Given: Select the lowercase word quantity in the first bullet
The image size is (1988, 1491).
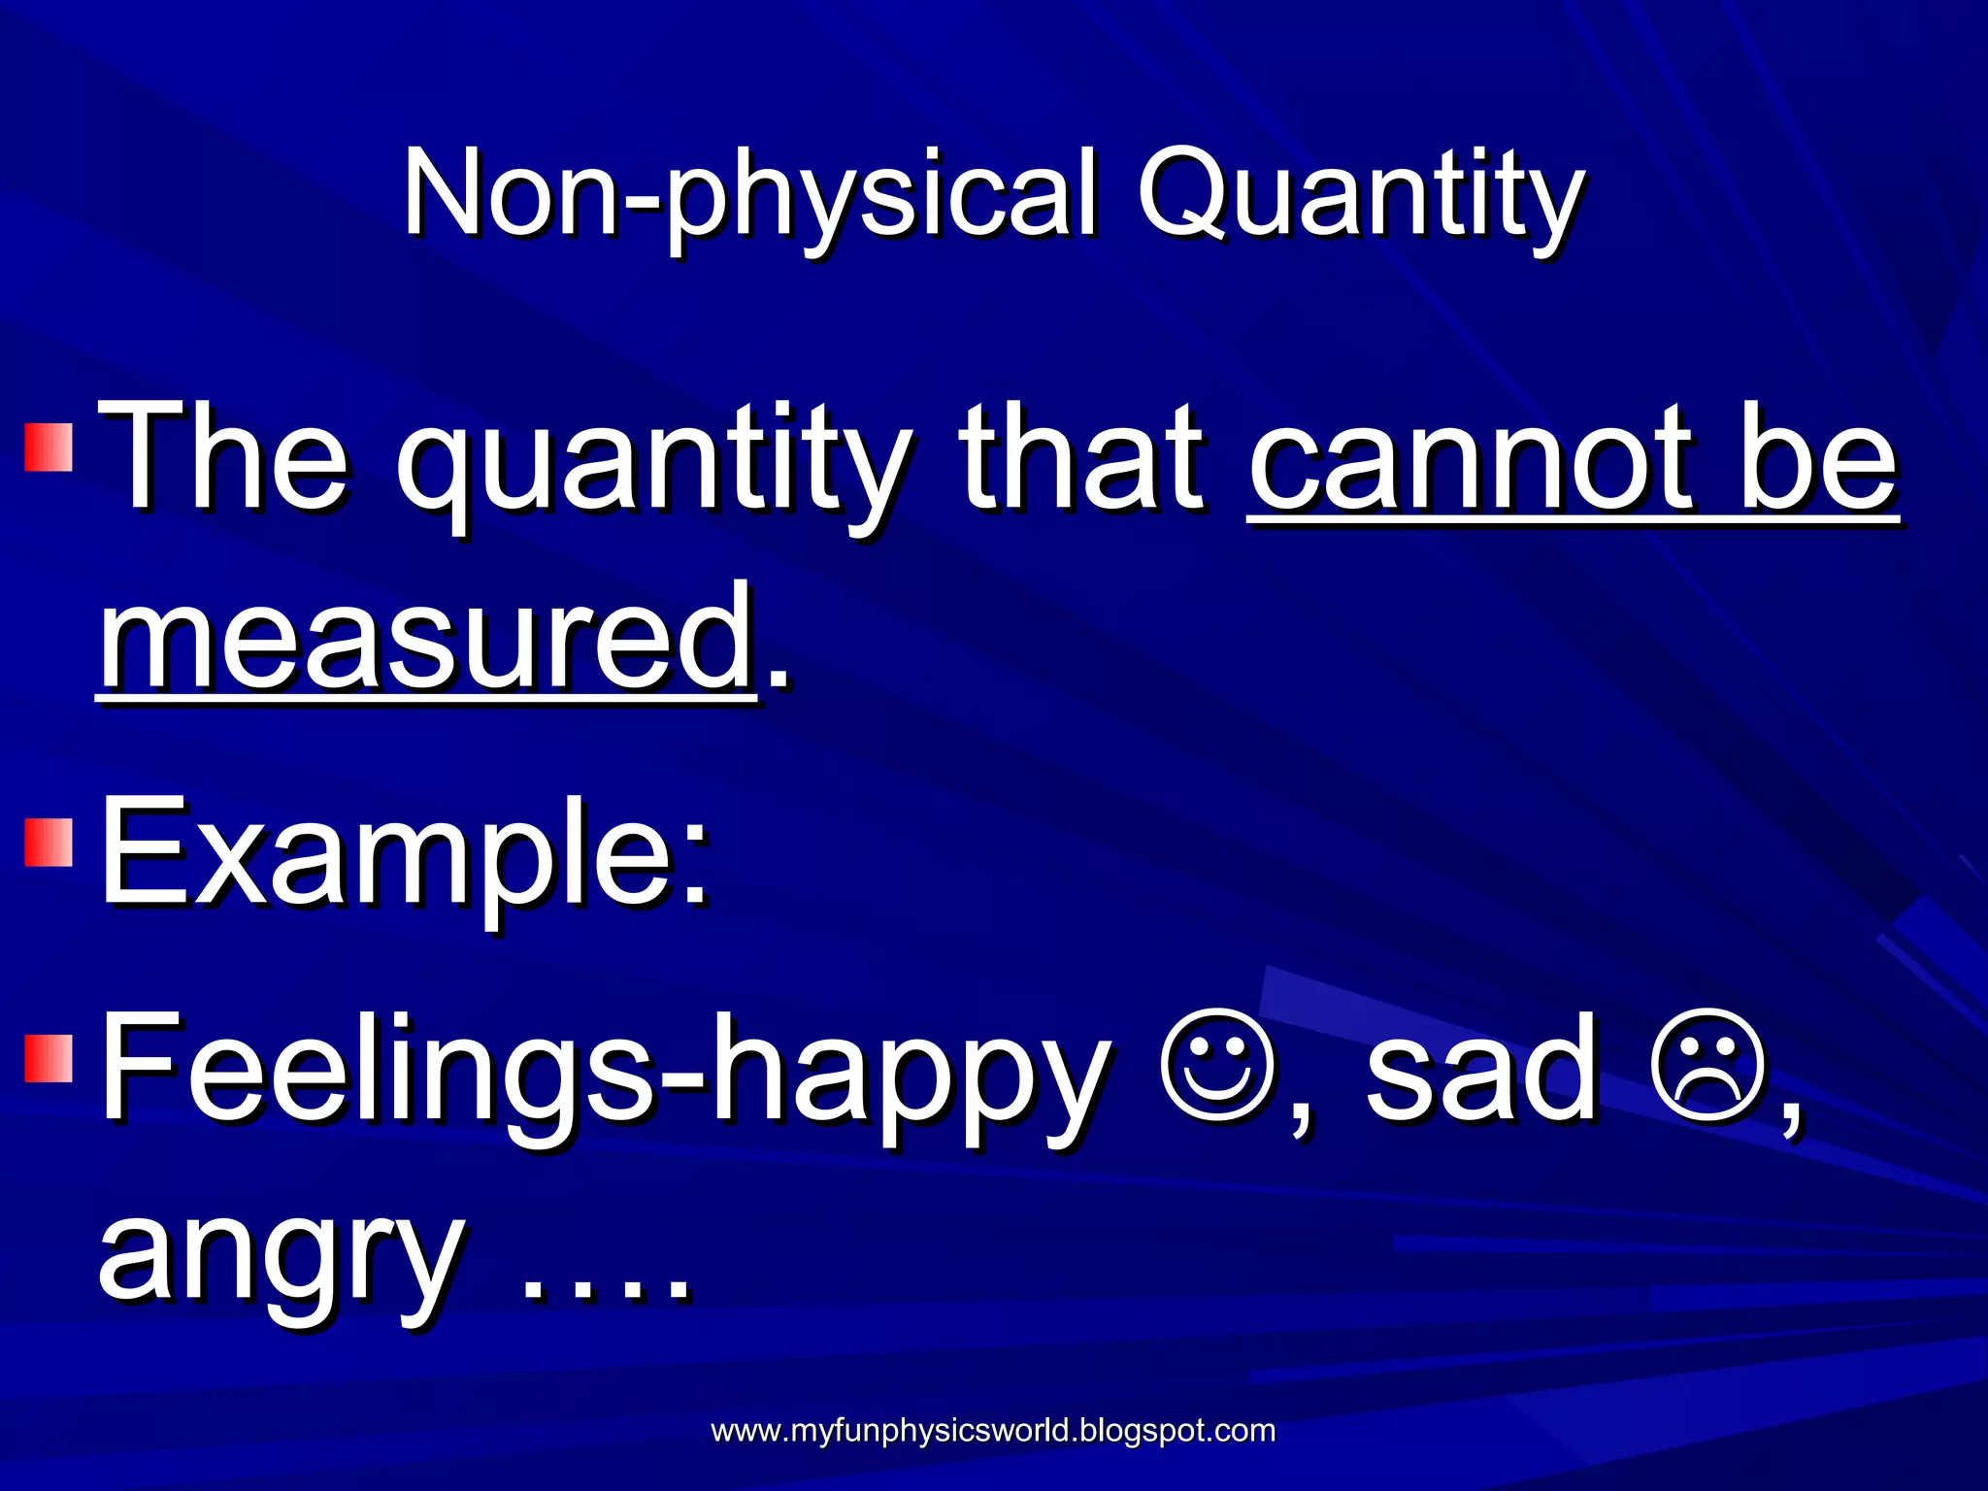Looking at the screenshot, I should click(652, 466).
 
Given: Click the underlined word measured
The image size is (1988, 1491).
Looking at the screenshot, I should click(427, 641).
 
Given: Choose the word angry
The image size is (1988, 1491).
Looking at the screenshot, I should click(282, 1257).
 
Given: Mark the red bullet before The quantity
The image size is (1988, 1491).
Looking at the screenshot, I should click(49, 446).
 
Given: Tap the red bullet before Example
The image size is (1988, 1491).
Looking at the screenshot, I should click(49, 842).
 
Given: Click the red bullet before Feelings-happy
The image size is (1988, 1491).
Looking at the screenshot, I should click(49, 1058).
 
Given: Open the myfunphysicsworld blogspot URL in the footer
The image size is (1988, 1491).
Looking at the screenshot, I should click(993, 1431).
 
